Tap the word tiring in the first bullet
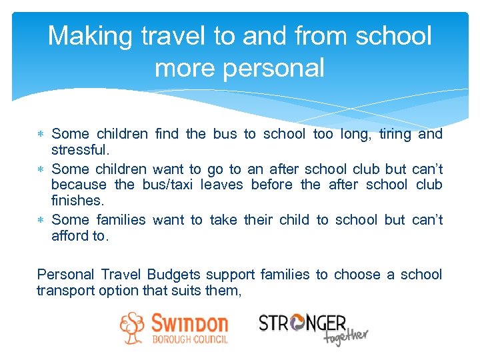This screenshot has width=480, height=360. (x=395, y=134)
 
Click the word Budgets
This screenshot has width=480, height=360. (x=176, y=275)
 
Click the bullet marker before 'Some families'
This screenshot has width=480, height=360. (x=42, y=220)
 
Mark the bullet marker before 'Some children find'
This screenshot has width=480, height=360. (x=42, y=135)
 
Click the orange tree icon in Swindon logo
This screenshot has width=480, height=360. (x=132, y=328)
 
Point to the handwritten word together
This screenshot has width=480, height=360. (x=345, y=337)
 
